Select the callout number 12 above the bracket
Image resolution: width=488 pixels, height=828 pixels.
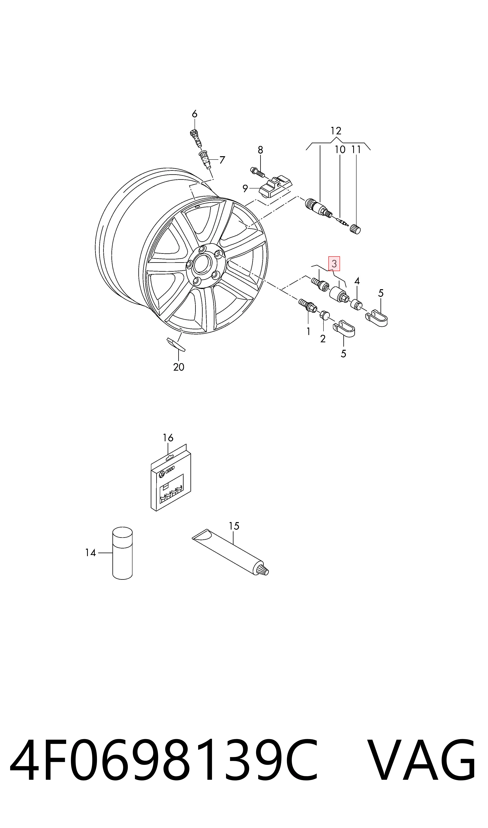[336, 131]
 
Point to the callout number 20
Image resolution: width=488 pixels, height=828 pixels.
[179, 367]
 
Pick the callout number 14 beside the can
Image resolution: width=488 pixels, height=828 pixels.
[90, 553]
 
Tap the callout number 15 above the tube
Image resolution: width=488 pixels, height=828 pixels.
[234, 526]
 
